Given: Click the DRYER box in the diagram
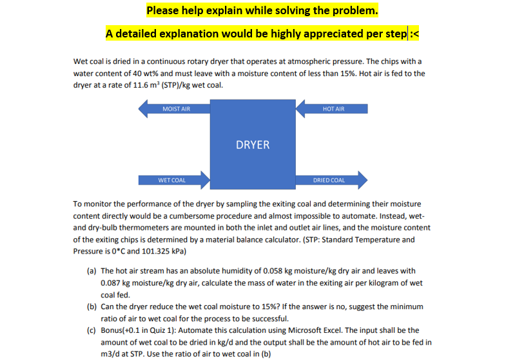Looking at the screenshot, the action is [x=253, y=144].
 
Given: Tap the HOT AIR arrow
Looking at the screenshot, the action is [x=333, y=109].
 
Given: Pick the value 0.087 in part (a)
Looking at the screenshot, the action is [x=113, y=283].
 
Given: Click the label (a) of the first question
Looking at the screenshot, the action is [x=92, y=271].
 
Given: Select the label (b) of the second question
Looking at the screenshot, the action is [x=92, y=306].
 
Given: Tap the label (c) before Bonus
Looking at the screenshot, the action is [x=92, y=330].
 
